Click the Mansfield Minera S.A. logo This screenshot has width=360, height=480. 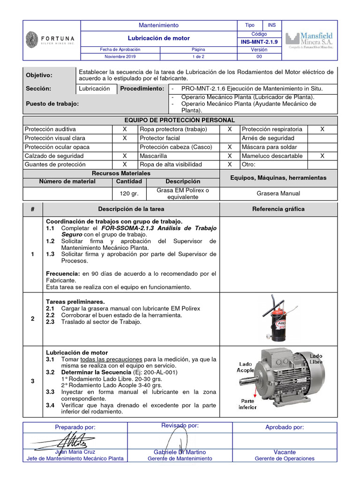tap(310, 40)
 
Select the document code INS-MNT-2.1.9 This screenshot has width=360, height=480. tap(259, 42)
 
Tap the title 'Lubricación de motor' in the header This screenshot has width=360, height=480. tap(159, 38)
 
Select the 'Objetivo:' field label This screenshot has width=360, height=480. tap(39, 75)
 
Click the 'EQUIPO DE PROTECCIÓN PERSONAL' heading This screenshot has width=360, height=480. tap(180, 120)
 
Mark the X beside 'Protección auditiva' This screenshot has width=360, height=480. tap(125, 129)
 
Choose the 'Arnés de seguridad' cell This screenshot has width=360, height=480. tap(268, 138)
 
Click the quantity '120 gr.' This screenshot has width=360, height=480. tap(125, 194)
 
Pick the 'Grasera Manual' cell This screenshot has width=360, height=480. tap(278, 193)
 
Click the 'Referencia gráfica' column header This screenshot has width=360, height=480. tap(278, 209)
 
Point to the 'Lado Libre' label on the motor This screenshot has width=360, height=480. tap(315, 359)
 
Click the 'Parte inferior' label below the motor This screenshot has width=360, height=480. tap(247, 404)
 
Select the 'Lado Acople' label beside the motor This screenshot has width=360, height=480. tap(246, 367)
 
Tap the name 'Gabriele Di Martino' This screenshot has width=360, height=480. tap(180, 452)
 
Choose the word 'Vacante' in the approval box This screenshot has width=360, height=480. tap(285, 452)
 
